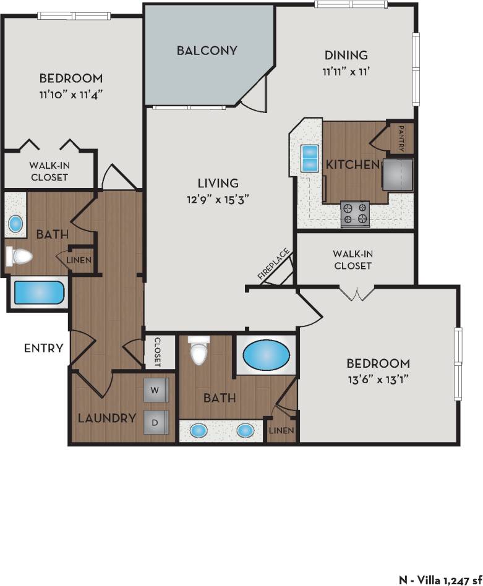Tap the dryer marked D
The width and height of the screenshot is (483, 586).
coord(156,422)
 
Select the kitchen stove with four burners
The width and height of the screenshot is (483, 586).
coord(355,213)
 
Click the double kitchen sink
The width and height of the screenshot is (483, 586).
coord(309,159)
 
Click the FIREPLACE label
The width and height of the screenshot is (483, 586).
coord(266,265)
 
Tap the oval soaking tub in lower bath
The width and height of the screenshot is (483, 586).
coord(265,356)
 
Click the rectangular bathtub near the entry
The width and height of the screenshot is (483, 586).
coord(38,294)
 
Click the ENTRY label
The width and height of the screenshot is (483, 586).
coord(43,348)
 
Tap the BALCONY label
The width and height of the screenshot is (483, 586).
coord(207,51)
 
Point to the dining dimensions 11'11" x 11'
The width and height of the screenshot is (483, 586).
coord(344,71)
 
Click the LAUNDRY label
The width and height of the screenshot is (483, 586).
coord(107,418)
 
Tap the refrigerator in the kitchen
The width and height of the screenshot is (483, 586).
coord(398,174)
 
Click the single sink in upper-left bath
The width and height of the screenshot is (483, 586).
coord(15,222)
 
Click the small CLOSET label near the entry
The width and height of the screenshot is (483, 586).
coord(157,351)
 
